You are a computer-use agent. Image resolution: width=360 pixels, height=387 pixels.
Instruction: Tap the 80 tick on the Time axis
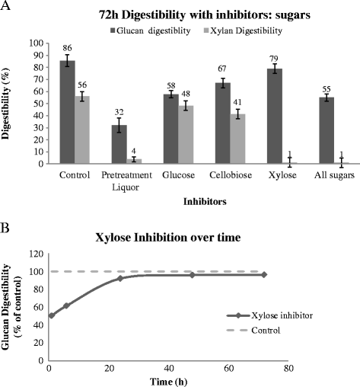point(288,368)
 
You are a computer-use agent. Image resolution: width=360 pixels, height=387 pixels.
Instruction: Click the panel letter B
point(6,226)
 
